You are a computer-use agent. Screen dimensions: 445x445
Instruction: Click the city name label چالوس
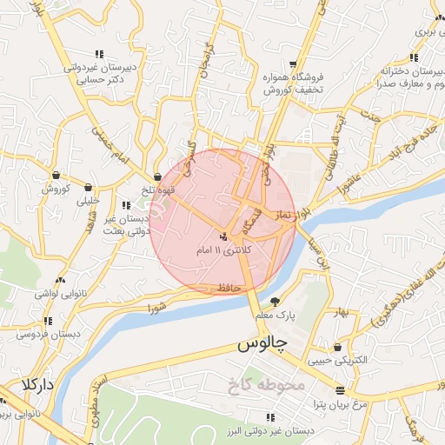click(x=262, y=345)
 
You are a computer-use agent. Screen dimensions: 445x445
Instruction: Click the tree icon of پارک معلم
click(x=276, y=302)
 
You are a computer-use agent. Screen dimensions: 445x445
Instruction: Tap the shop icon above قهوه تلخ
click(x=156, y=176)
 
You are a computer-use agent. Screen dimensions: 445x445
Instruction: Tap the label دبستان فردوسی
click(x=50, y=333)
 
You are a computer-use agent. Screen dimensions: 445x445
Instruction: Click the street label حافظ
click(x=227, y=287)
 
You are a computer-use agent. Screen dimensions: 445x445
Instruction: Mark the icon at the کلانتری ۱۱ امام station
click(x=223, y=236)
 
